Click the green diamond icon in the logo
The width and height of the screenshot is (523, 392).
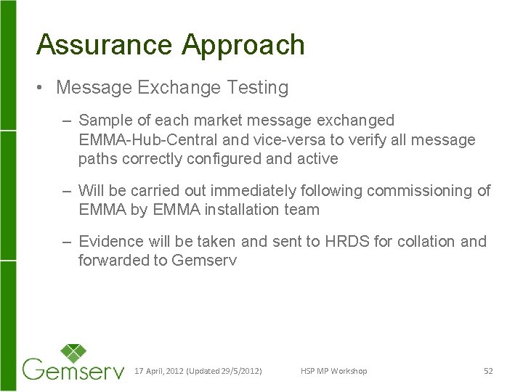pos(73,354)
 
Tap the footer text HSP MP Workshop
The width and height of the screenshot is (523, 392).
pos(333,372)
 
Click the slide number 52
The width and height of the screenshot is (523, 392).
pos(488,372)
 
